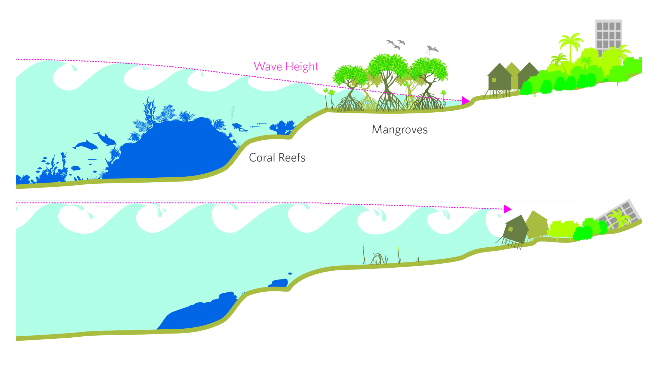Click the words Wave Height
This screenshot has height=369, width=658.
click(x=286, y=67)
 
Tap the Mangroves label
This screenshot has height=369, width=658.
click(x=400, y=129)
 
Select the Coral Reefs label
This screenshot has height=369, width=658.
click(x=277, y=157)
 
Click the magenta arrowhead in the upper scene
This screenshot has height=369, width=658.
click(x=465, y=101)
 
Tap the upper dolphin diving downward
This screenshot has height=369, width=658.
click(x=106, y=139)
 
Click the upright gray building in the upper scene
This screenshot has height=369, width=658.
click(x=609, y=37)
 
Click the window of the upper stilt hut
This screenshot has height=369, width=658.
click(x=494, y=80)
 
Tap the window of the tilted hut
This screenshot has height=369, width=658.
click(x=510, y=229)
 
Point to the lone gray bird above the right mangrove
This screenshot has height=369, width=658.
click(x=432, y=49)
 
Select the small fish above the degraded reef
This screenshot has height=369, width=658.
click(x=290, y=273)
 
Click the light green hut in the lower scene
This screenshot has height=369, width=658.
click(x=537, y=224)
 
